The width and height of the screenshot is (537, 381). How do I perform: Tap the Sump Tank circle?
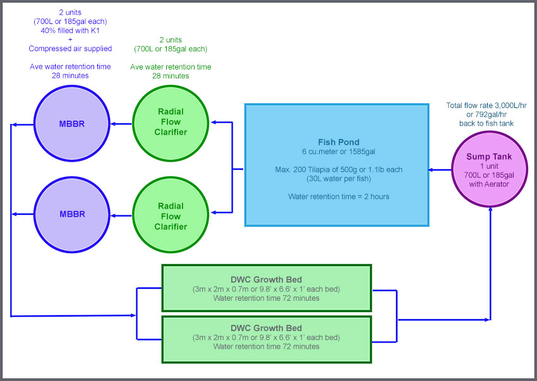pos(491,169)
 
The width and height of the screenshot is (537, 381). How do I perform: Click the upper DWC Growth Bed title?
pos(266,280)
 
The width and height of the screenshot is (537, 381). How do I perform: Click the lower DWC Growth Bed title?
pos(266,328)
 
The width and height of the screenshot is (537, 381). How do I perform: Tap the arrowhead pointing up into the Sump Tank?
pos(491,210)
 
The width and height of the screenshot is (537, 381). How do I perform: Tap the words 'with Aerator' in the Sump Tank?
pos(491,184)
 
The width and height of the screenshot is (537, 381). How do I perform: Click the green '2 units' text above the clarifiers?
pos(171,39)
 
